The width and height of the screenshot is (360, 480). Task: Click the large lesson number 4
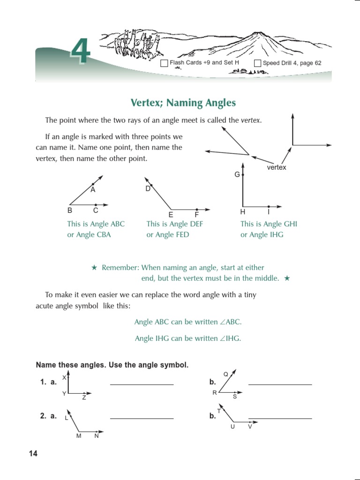(x=81, y=53)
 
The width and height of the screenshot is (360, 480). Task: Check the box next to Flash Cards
(x=164, y=63)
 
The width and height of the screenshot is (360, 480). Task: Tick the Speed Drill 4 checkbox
(x=257, y=63)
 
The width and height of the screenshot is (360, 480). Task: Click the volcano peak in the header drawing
(x=258, y=34)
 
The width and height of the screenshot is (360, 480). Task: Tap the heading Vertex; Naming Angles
(x=182, y=103)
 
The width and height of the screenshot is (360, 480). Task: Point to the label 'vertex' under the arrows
(x=276, y=167)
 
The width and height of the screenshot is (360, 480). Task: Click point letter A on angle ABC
(x=93, y=190)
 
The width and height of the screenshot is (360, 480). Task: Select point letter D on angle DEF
(x=148, y=188)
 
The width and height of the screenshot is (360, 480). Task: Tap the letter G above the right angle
(x=237, y=174)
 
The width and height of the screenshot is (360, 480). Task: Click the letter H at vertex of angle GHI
(x=242, y=212)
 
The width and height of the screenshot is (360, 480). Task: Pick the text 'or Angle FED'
(x=168, y=235)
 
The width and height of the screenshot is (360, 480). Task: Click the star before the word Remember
(x=94, y=268)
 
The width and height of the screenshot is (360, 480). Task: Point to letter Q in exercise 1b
(x=225, y=374)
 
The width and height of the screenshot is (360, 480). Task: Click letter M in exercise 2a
(x=79, y=436)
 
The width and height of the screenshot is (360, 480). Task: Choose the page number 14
(x=33, y=453)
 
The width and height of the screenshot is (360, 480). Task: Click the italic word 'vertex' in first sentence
(x=250, y=120)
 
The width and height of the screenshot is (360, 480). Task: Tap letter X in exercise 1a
(x=64, y=377)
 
